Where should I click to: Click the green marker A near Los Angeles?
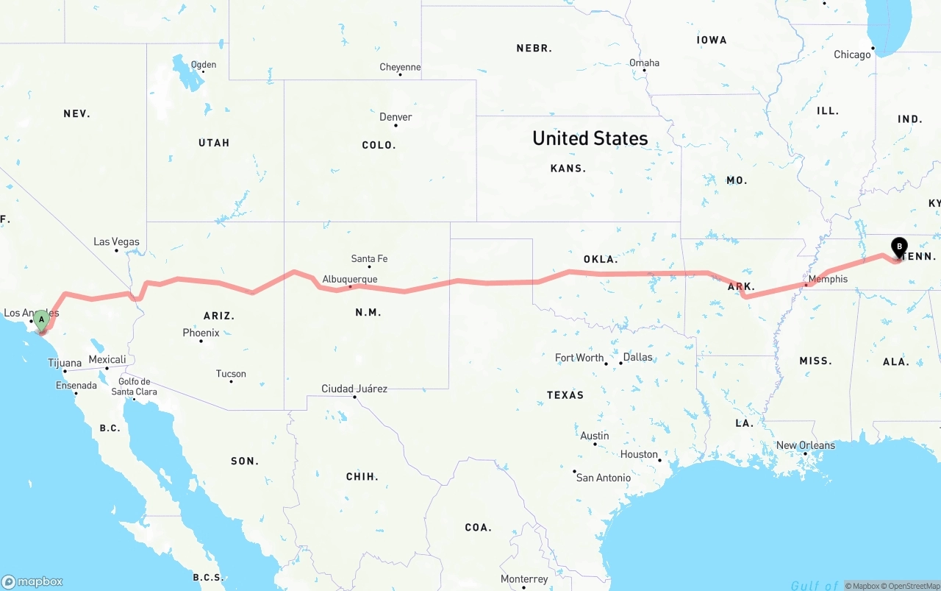[42, 319]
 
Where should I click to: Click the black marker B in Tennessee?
[899, 247]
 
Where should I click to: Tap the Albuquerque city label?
[350, 280]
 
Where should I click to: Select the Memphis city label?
[828, 279]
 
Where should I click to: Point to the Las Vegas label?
[116, 241]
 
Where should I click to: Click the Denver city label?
[396, 117]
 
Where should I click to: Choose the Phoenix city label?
[201, 333]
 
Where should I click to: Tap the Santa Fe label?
[369, 259]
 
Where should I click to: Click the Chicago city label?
[852, 54]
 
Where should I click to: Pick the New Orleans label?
[806, 445]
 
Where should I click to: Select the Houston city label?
[639, 454]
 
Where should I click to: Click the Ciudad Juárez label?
[354, 389]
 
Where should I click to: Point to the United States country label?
[590, 138]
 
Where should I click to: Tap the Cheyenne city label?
[400, 67]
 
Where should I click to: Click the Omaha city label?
[644, 63]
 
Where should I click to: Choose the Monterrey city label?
[524, 579]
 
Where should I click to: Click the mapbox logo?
[32, 581]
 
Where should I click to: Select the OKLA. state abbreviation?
[601, 259]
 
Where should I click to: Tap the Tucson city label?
[231, 374]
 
